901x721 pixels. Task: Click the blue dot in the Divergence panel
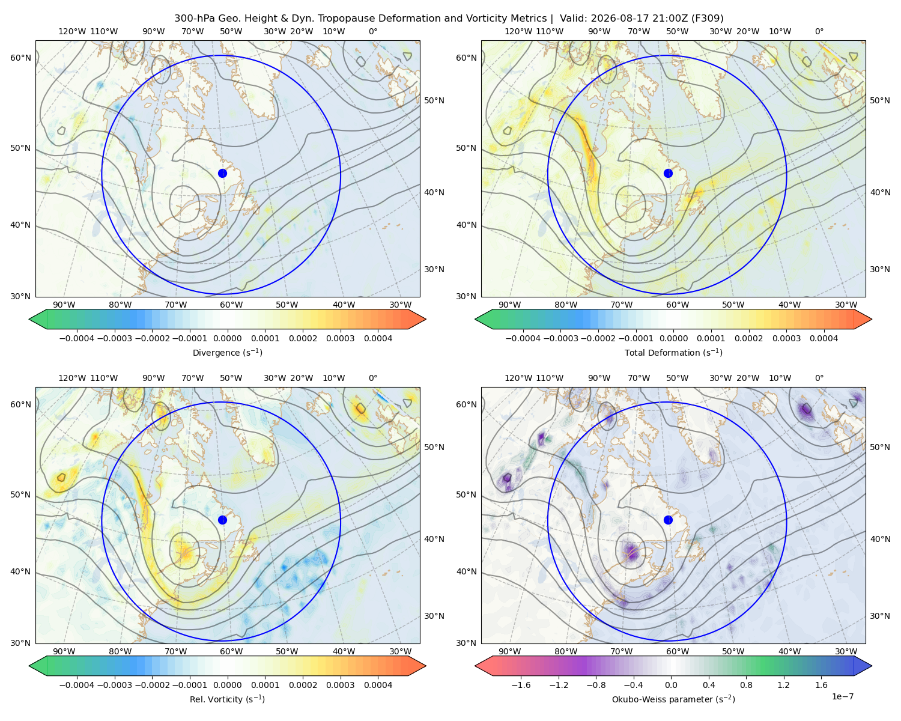pyautogui.click(x=222, y=173)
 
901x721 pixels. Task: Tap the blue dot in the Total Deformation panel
pyautogui.click(x=668, y=173)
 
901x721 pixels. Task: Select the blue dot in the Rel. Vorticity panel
pyautogui.click(x=222, y=520)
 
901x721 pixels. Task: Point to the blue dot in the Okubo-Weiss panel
pyautogui.click(x=668, y=520)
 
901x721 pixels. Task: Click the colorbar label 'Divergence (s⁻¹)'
pyautogui.click(x=227, y=352)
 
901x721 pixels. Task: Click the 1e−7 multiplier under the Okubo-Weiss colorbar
pyautogui.click(x=842, y=696)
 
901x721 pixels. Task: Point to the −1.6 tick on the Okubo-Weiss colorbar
pyautogui.click(x=521, y=684)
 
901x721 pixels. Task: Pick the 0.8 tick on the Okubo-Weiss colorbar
pyautogui.click(x=746, y=684)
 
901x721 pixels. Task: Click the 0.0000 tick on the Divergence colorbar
pyautogui.click(x=227, y=338)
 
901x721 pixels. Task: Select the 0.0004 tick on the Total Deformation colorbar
pyautogui.click(x=824, y=338)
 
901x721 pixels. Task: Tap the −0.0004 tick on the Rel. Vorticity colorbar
pyautogui.click(x=77, y=684)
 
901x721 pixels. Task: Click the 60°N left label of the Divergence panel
pyautogui.click(x=20, y=58)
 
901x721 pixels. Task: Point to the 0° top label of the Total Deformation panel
pyautogui.click(x=819, y=31)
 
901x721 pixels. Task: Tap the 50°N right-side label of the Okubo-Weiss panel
pyautogui.click(x=879, y=447)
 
